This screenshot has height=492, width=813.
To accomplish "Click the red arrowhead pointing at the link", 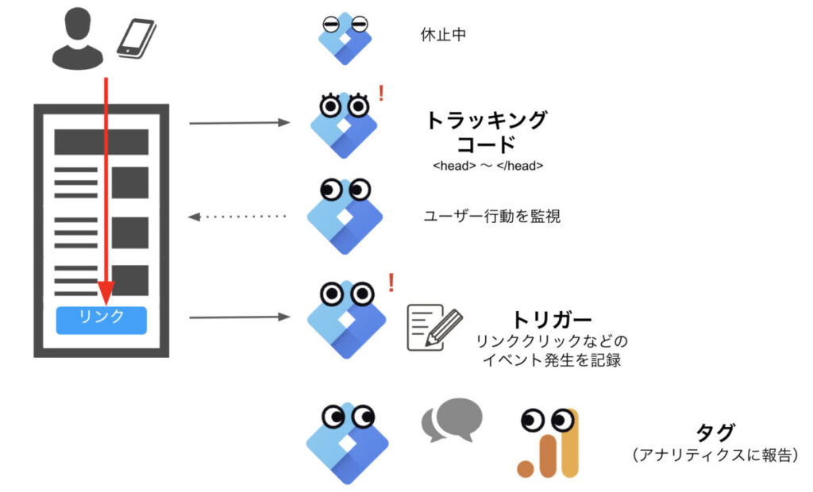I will (104, 291).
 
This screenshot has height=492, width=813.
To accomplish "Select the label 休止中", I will (442, 36).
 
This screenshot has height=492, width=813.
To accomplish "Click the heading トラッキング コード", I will (487, 133).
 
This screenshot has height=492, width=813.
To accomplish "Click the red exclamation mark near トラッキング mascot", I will (382, 94).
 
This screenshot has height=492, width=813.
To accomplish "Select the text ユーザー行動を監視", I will (492, 216).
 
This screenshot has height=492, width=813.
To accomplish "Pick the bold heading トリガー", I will (552, 320).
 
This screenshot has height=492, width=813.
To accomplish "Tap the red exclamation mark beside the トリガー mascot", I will (391, 282).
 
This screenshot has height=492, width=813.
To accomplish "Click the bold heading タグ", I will (715, 432).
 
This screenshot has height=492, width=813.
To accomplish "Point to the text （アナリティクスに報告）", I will (715, 455).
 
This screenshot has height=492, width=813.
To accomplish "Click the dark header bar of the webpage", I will (101, 142).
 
